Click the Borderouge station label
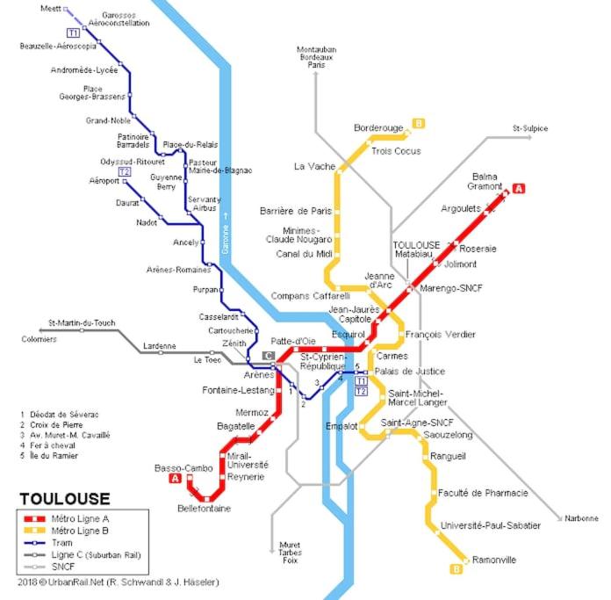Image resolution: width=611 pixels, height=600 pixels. [x=378, y=128]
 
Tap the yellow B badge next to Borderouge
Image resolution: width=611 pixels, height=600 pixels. [x=419, y=124]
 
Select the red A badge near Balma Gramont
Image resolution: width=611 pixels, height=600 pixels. [x=519, y=189]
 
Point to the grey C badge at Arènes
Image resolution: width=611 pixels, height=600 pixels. [x=269, y=356]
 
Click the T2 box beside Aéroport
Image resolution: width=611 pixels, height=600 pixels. [x=125, y=171]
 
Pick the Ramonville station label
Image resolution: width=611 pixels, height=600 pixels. [x=493, y=560]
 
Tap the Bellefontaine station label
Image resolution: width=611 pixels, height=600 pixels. [x=205, y=509]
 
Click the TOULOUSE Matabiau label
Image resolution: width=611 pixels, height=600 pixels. [x=415, y=249]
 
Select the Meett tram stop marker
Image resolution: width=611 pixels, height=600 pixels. [x=66, y=9]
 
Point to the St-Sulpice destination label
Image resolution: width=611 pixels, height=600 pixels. [x=530, y=128]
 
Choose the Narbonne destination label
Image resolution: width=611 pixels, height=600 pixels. [x=581, y=518]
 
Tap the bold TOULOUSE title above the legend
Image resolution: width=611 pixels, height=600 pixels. [x=65, y=499]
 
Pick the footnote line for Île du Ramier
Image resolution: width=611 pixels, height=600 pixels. [x=49, y=455]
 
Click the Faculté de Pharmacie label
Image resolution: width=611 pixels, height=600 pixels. [x=483, y=493]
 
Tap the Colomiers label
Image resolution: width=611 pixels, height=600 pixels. [x=39, y=339]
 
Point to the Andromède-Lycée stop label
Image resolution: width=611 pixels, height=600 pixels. [x=84, y=70]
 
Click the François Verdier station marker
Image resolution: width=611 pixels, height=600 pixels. [x=401, y=334]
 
